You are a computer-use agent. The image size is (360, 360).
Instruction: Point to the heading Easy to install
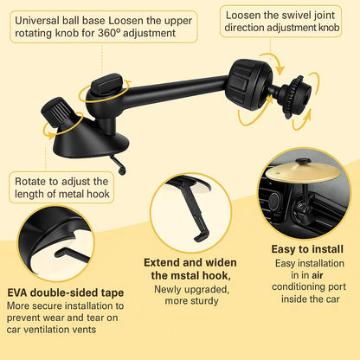(x=307, y=249)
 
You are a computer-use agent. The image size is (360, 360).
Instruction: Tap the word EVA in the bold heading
(x=17, y=292)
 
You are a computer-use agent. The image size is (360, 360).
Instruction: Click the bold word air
(x=318, y=275)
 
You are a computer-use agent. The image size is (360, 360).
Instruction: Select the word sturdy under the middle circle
(x=204, y=301)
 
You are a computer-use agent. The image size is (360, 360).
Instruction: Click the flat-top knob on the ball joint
(x=107, y=84)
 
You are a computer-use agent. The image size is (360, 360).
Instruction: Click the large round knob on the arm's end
(x=248, y=84)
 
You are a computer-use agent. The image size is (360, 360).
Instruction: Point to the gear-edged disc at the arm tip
(x=297, y=97)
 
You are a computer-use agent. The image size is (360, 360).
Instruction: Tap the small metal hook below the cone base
(x=119, y=164)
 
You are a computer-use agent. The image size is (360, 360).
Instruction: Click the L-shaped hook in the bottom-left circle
(x=72, y=254)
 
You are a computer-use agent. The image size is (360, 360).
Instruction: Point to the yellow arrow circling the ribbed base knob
(x=63, y=125)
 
